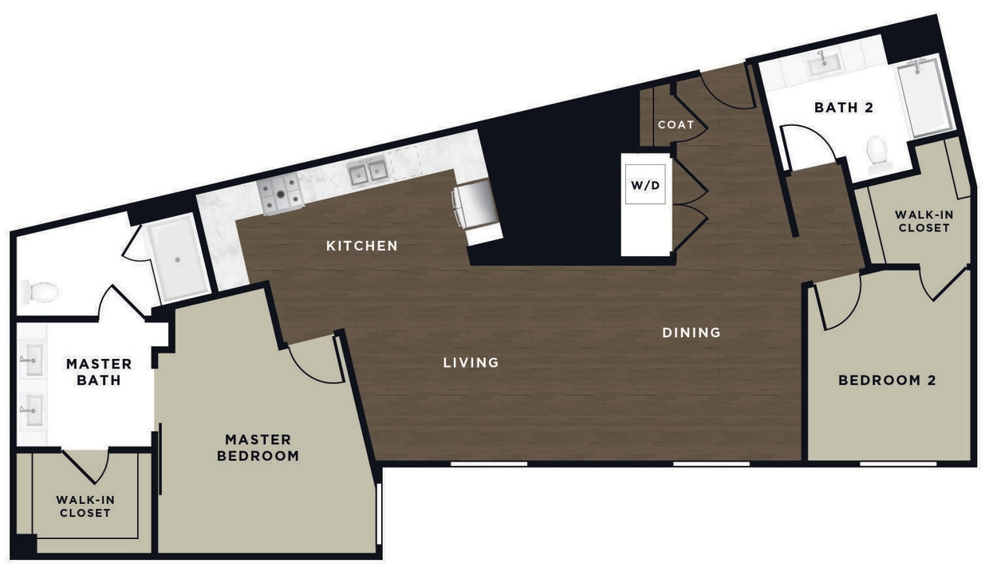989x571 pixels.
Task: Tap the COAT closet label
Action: coord(676,125)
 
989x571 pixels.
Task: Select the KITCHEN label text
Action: coord(361,246)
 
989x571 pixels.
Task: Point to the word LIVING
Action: coord(471,363)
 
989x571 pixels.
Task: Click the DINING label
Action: coord(691,333)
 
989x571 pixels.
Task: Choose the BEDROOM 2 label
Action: coord(886,380)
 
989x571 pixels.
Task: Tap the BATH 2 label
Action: coord(844,108)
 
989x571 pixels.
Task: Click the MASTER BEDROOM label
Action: coord(258,447)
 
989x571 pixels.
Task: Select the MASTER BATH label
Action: coord(99,372)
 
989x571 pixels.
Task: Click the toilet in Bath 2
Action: coord(878,152)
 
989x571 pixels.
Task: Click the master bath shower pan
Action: coord(177,257)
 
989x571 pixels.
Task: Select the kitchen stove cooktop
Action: coord(280,193)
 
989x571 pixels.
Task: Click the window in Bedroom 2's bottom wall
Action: coord(897,463)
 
